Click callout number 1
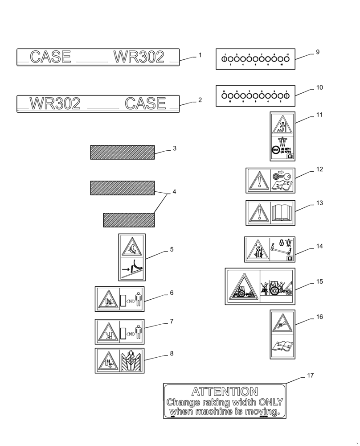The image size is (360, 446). [x=200, y=55]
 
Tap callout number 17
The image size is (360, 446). [x=310, y=376]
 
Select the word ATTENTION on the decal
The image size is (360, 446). [x=225, y=392]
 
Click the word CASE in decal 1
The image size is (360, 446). [x=50, y=57]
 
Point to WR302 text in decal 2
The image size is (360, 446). [x=55, y=103]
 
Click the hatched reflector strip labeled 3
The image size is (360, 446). [x=122, y=152]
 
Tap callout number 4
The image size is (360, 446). [x=174, y=192]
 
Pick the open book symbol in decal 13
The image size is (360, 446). [x=282, y=212]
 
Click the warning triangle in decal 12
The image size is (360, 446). [x=258, y=181]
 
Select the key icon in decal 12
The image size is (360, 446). [x=278, y=176]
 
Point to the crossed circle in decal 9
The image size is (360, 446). [x=225, y=59]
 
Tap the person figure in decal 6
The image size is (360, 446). [x=138, y=299]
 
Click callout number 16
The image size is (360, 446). [x=319, y=317]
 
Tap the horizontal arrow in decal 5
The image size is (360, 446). [x=125, y=269]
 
